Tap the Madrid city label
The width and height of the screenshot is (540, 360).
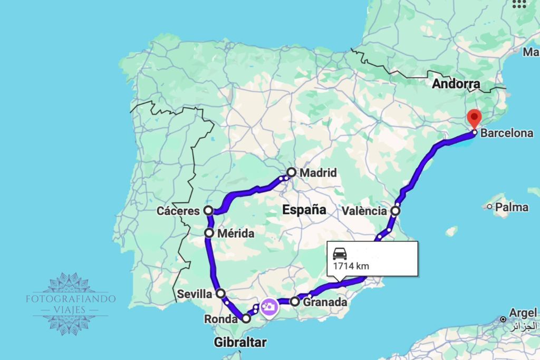(x=318, y=172)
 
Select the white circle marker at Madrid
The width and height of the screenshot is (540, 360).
(x=292, y=172)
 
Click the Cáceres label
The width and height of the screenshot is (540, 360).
(x=178, y=211)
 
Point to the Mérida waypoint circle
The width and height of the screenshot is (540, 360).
(x=209, y=233)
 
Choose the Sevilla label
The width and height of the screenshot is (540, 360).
(x=195, y=294)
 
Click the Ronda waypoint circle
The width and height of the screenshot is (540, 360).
(x=246, y=318)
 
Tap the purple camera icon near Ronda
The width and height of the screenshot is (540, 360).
(x=269, y=307)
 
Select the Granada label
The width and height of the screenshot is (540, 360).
(x=325, y=302)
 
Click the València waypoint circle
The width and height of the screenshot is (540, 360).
(x=396, y=211)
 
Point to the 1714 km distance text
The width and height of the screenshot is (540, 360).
(x=351, y=266)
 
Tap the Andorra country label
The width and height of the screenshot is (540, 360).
(x=456, y=84)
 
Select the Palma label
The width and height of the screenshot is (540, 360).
(x=512, y=207)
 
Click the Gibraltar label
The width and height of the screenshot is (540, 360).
(x=240, y=343)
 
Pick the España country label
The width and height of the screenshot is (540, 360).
(x=304, y=210)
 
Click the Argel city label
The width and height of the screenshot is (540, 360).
(x=523, y=312)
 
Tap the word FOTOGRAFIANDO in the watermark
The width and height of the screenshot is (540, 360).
(x=71, y=298)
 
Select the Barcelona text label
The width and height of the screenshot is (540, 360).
(x=507, y=133)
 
